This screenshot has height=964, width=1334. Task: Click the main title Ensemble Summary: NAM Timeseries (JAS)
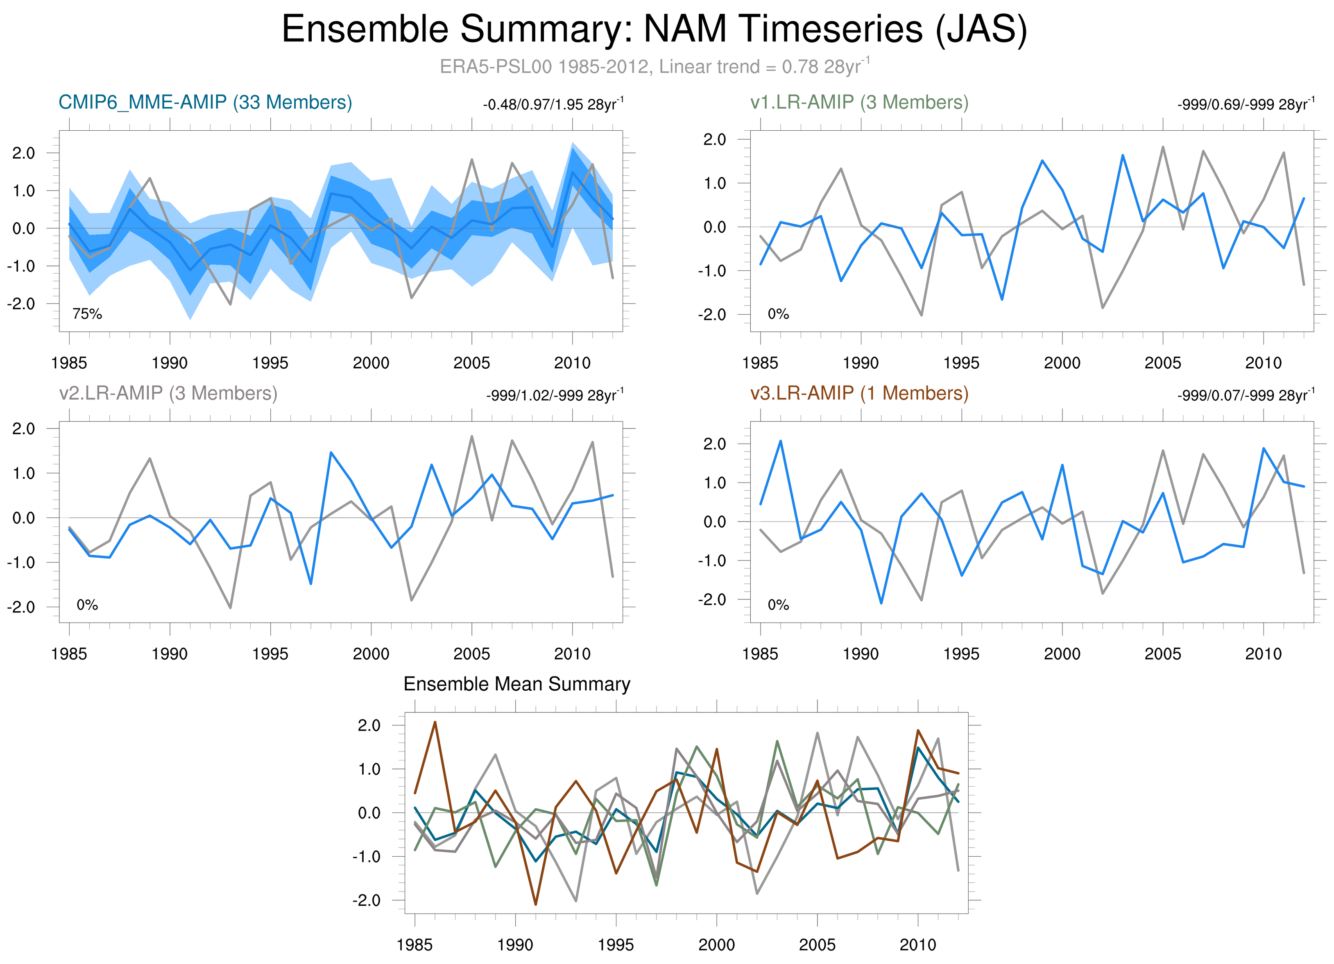tap(654, 29)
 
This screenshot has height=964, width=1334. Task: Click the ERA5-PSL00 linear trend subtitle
tap(654, 66)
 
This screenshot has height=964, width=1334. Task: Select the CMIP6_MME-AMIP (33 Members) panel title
tap(205, 102)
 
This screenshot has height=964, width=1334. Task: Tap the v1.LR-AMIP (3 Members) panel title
tap(859, 102)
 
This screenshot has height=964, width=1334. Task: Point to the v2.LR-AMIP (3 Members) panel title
tap(168, 393)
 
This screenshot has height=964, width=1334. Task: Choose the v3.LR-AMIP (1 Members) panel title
tap(859, 393)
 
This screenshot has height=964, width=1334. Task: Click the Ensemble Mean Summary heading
tap(516, 684)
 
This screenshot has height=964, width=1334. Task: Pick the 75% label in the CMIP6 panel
tap(87, 314)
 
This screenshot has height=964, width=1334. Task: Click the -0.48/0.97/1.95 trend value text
tap(553, 105)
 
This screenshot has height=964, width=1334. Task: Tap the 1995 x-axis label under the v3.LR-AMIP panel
tap(961, 653)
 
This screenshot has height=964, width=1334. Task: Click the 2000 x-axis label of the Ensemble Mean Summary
tap(716, 945)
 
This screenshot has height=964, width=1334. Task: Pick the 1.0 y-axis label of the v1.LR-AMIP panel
tap(714, 184)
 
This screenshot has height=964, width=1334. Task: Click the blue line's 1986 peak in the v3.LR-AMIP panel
tap(781, 441)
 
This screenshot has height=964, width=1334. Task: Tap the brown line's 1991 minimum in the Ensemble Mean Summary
tap(536, 904)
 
